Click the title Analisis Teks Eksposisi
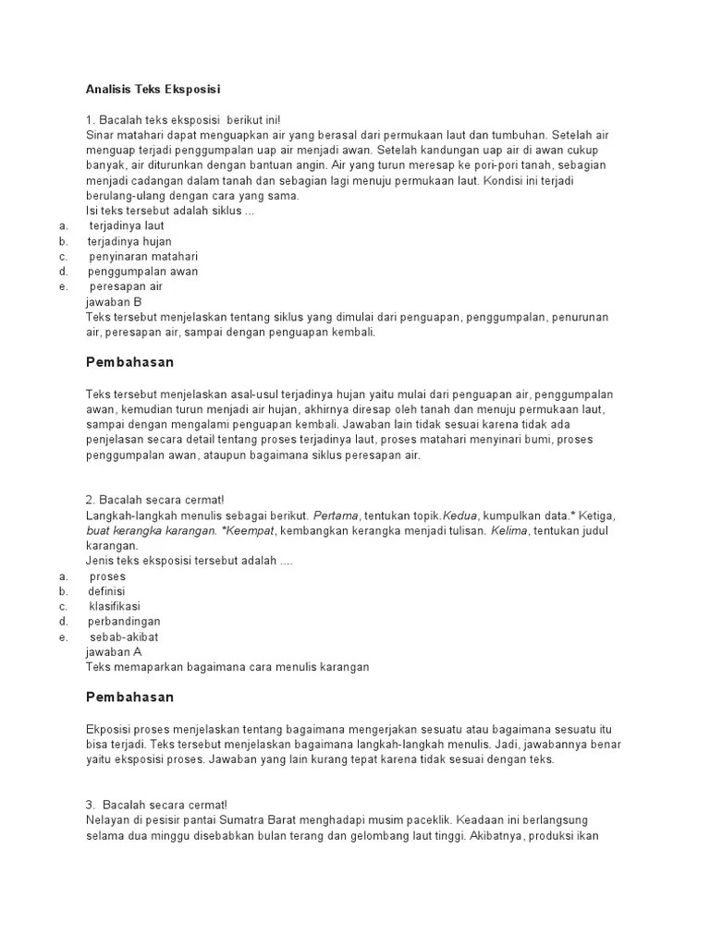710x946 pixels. (x=153, y=90)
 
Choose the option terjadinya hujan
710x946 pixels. (x=129, y=241)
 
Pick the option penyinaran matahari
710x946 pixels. (x=143, y=256)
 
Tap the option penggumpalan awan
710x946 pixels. (x=142, y=272)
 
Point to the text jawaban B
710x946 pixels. (x=113, y=301)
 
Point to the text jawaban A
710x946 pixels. (x=113, y=651)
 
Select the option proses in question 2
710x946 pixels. (x=107, y=576)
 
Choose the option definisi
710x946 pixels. (x=106, y=591)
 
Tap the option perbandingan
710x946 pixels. (x=124, y=621)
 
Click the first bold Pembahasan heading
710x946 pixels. (x=129, y=362)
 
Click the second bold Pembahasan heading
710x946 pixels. (x=129, y=697)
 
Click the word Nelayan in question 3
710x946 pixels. (x=107, y=819)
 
